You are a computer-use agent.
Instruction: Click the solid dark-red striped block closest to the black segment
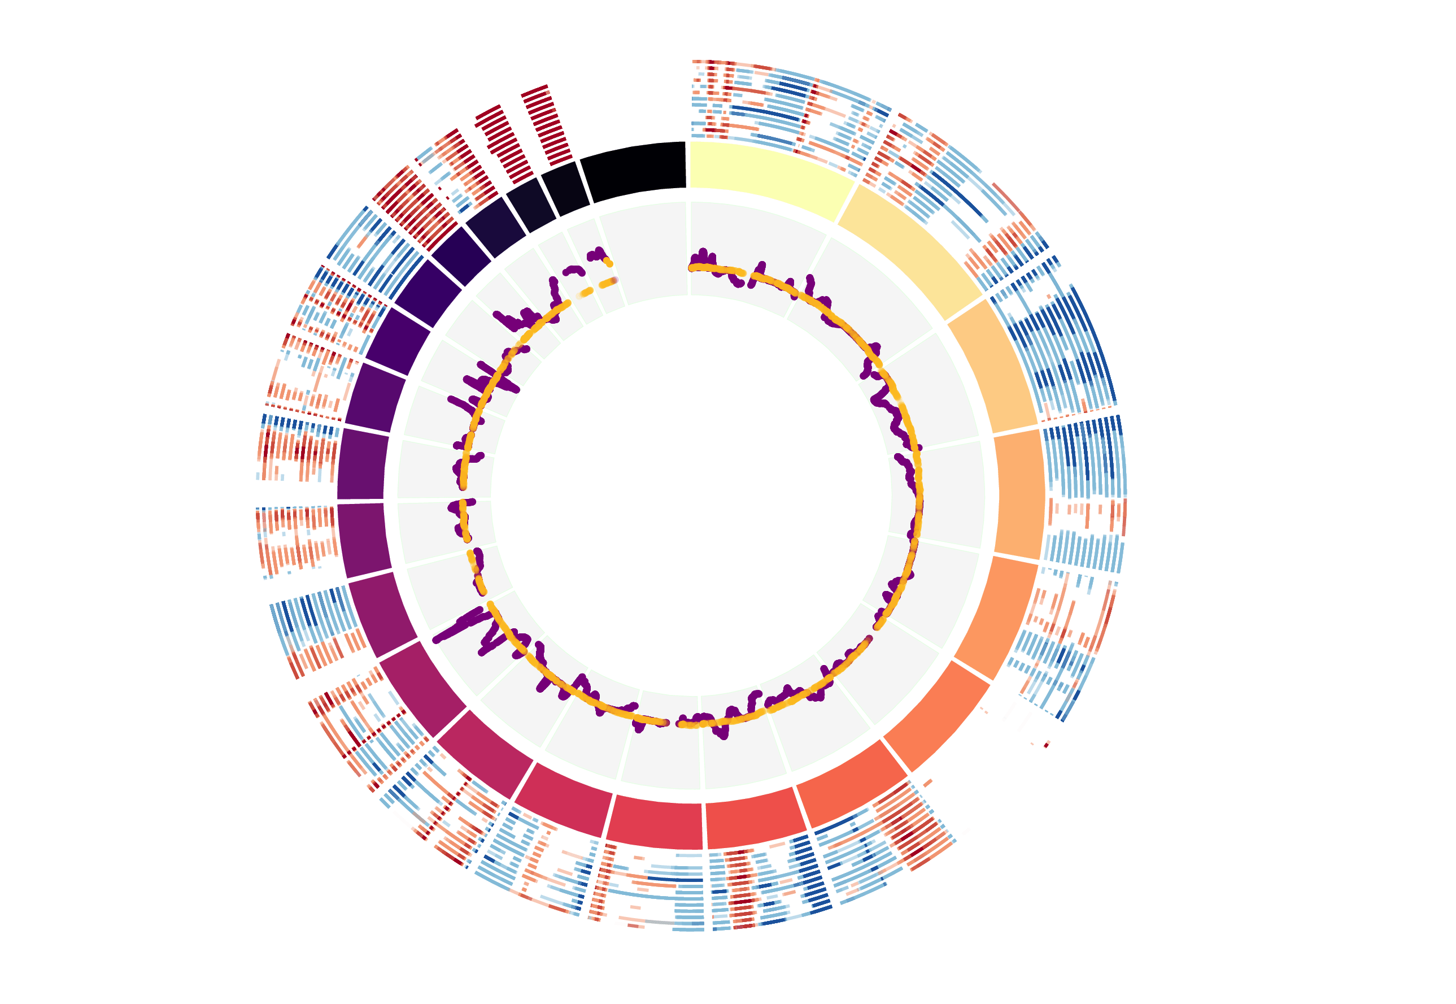(546, 123)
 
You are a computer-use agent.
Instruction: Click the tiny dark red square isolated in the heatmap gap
(1046, 745)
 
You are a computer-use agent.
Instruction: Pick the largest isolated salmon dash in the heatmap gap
(928, 783)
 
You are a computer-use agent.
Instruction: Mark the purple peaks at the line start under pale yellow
(703, 257)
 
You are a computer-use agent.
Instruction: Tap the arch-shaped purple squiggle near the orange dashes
(573, 271)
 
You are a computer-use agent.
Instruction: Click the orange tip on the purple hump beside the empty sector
(607, 262)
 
